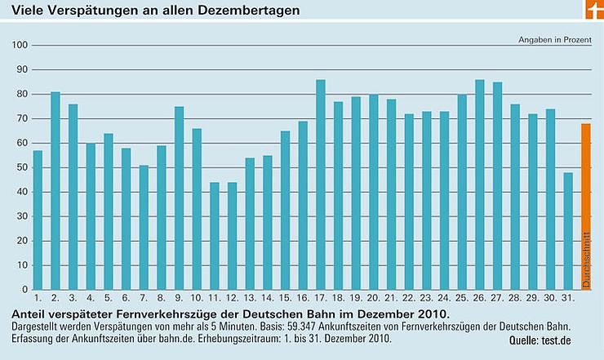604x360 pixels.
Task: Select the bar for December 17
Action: pos(321,184)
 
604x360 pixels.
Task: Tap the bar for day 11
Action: pos(215,236)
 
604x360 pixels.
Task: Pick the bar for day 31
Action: pos(568,231)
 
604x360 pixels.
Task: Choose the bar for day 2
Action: pos(56,190)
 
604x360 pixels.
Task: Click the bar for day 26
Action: pos(480,184)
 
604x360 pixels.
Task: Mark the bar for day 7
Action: pos(144,227)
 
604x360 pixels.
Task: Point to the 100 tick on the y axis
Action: pos(21,45)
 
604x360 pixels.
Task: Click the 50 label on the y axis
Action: pos(23,167)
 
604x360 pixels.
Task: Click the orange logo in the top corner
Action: pos(593,11)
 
